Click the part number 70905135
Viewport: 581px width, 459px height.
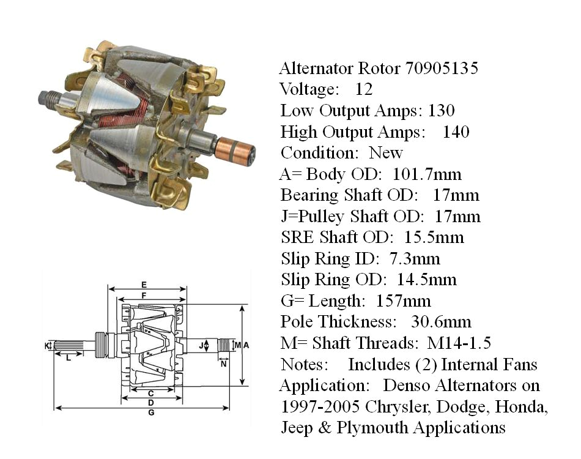442,68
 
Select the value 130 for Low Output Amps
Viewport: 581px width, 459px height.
440,111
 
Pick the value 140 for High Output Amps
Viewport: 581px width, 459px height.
456,132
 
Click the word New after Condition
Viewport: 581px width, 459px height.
386,153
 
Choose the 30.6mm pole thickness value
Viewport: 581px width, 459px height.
441,322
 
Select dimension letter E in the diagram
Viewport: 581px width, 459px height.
143,284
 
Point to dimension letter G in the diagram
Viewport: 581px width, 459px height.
150,413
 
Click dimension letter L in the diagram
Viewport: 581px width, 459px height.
68,358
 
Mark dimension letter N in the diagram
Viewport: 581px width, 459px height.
223,363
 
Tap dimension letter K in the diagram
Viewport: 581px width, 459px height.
47,346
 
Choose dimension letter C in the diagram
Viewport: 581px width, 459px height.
150,392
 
